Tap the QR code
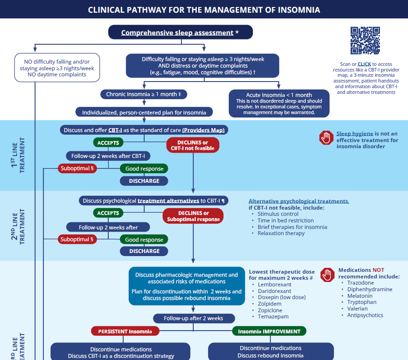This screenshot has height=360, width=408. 365,41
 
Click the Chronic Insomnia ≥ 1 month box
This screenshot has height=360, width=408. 144,94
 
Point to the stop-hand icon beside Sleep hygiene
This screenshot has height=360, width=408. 326,138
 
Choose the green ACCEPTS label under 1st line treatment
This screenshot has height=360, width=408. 108,143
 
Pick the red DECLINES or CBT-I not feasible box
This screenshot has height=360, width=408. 193,145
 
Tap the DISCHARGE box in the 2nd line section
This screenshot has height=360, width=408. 144,251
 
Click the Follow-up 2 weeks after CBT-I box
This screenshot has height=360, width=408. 108,156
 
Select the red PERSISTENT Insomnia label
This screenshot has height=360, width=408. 125,331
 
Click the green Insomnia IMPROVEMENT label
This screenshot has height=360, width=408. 269,331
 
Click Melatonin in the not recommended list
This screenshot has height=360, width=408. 360,296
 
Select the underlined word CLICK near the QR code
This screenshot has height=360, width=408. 364,64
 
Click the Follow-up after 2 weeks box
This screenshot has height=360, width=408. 193,318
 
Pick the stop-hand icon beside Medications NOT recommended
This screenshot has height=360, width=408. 327,275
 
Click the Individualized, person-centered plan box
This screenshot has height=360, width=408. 144,112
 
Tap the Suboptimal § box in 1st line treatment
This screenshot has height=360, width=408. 77,168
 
